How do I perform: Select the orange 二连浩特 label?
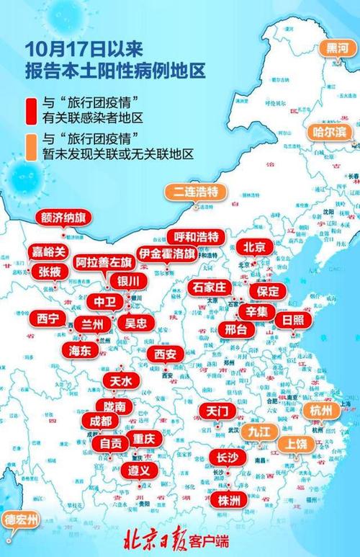click(x=195, y=192)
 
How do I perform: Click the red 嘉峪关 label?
click(x=50, y=252)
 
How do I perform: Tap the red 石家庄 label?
click(x=210, y=288)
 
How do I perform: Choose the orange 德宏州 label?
click(x=22, y=518)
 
